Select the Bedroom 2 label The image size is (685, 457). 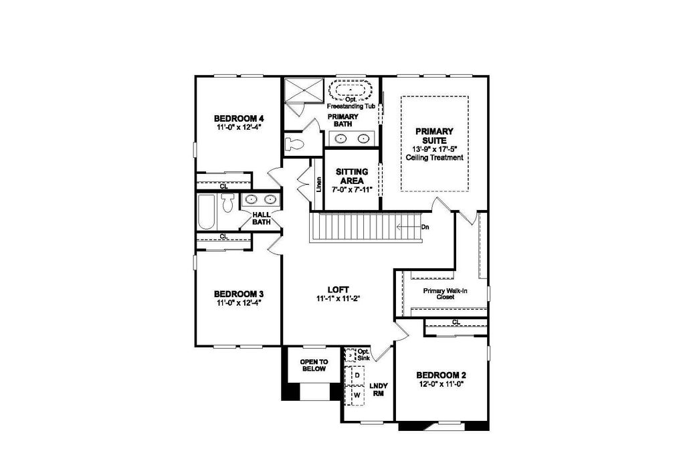pos(441,375)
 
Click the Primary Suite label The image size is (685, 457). pos(434,136)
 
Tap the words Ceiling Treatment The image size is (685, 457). pos(434,158)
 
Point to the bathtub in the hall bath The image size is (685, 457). pos(206,212)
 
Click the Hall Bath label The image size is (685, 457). pos(261,218)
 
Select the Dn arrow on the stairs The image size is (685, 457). pos(411,227)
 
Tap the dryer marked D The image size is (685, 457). pos(357,375)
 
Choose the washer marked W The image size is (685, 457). pos(357,395)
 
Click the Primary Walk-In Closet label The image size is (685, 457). pos(445,294)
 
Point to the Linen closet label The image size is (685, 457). pos(318,183)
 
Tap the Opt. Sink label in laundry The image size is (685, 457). pos(363,355)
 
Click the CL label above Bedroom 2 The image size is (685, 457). pos(456,323)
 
